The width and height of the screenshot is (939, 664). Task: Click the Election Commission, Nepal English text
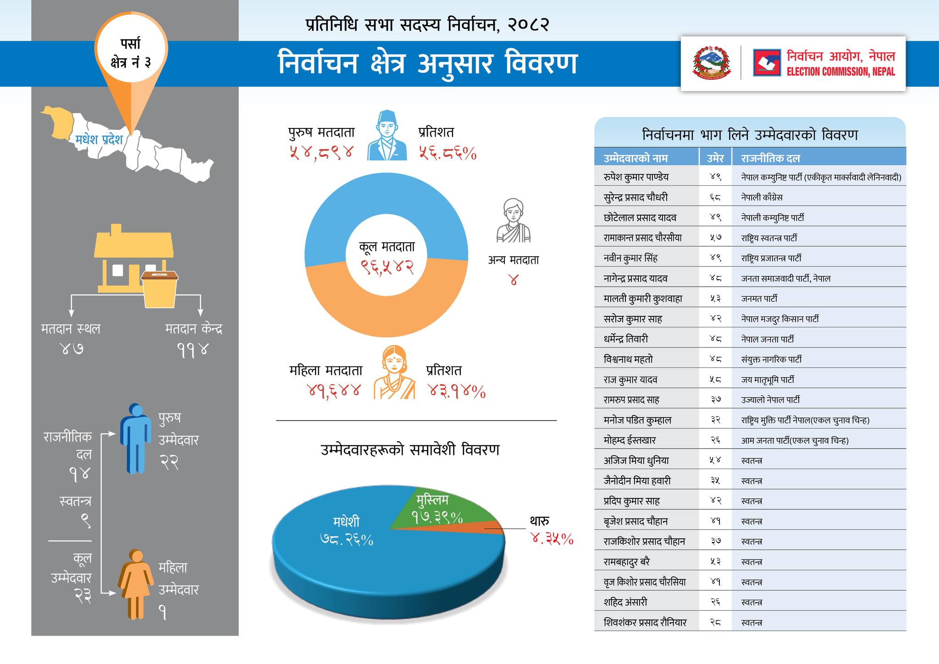(x=840, y=72)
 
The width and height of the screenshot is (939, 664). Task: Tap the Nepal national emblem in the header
(x=712, y=63)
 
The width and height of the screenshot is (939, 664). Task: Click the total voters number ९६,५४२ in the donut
(x=387, y=267)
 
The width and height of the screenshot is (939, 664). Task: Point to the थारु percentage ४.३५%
(x=552, y=539)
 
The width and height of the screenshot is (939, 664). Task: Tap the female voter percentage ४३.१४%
(x=457, y=391)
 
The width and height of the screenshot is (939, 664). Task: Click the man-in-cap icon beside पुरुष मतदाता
(x=387, y=136)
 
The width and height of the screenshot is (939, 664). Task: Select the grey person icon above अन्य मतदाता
(x=513, y=221)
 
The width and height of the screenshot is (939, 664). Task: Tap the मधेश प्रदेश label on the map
(x=99, y=139)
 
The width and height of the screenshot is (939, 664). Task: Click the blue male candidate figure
(x=136, y=438)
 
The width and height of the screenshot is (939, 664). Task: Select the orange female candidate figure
(x=136, y=584)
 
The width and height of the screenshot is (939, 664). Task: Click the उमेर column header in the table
(x=715, y=158)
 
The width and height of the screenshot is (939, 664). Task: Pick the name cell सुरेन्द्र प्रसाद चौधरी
(x=635, y=197)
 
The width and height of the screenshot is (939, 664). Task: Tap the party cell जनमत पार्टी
(x=759, y=299)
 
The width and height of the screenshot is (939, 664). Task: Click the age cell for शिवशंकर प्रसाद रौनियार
(x=715, y=622)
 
